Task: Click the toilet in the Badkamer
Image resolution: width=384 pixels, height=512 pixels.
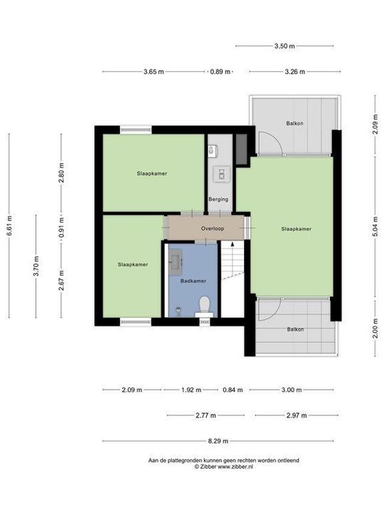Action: pos(205,305)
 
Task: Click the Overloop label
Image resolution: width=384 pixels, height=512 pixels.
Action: pos(213,228)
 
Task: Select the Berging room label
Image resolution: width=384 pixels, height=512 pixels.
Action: pos(218,199)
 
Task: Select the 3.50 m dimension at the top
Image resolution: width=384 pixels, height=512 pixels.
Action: pos(284,46)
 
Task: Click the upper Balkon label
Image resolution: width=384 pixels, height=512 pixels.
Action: pos(295,123)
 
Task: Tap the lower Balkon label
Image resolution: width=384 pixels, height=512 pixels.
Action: pos(295,329)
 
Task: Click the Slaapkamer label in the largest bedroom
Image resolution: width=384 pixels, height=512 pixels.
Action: pos(297,229)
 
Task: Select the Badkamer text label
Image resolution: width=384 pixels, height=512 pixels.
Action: pos(193,280)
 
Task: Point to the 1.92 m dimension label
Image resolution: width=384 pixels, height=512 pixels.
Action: pos(190,390)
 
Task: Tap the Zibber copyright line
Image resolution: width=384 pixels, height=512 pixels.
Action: pos(223,466)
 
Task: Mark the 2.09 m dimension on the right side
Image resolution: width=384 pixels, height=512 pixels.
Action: pos(375,127)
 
